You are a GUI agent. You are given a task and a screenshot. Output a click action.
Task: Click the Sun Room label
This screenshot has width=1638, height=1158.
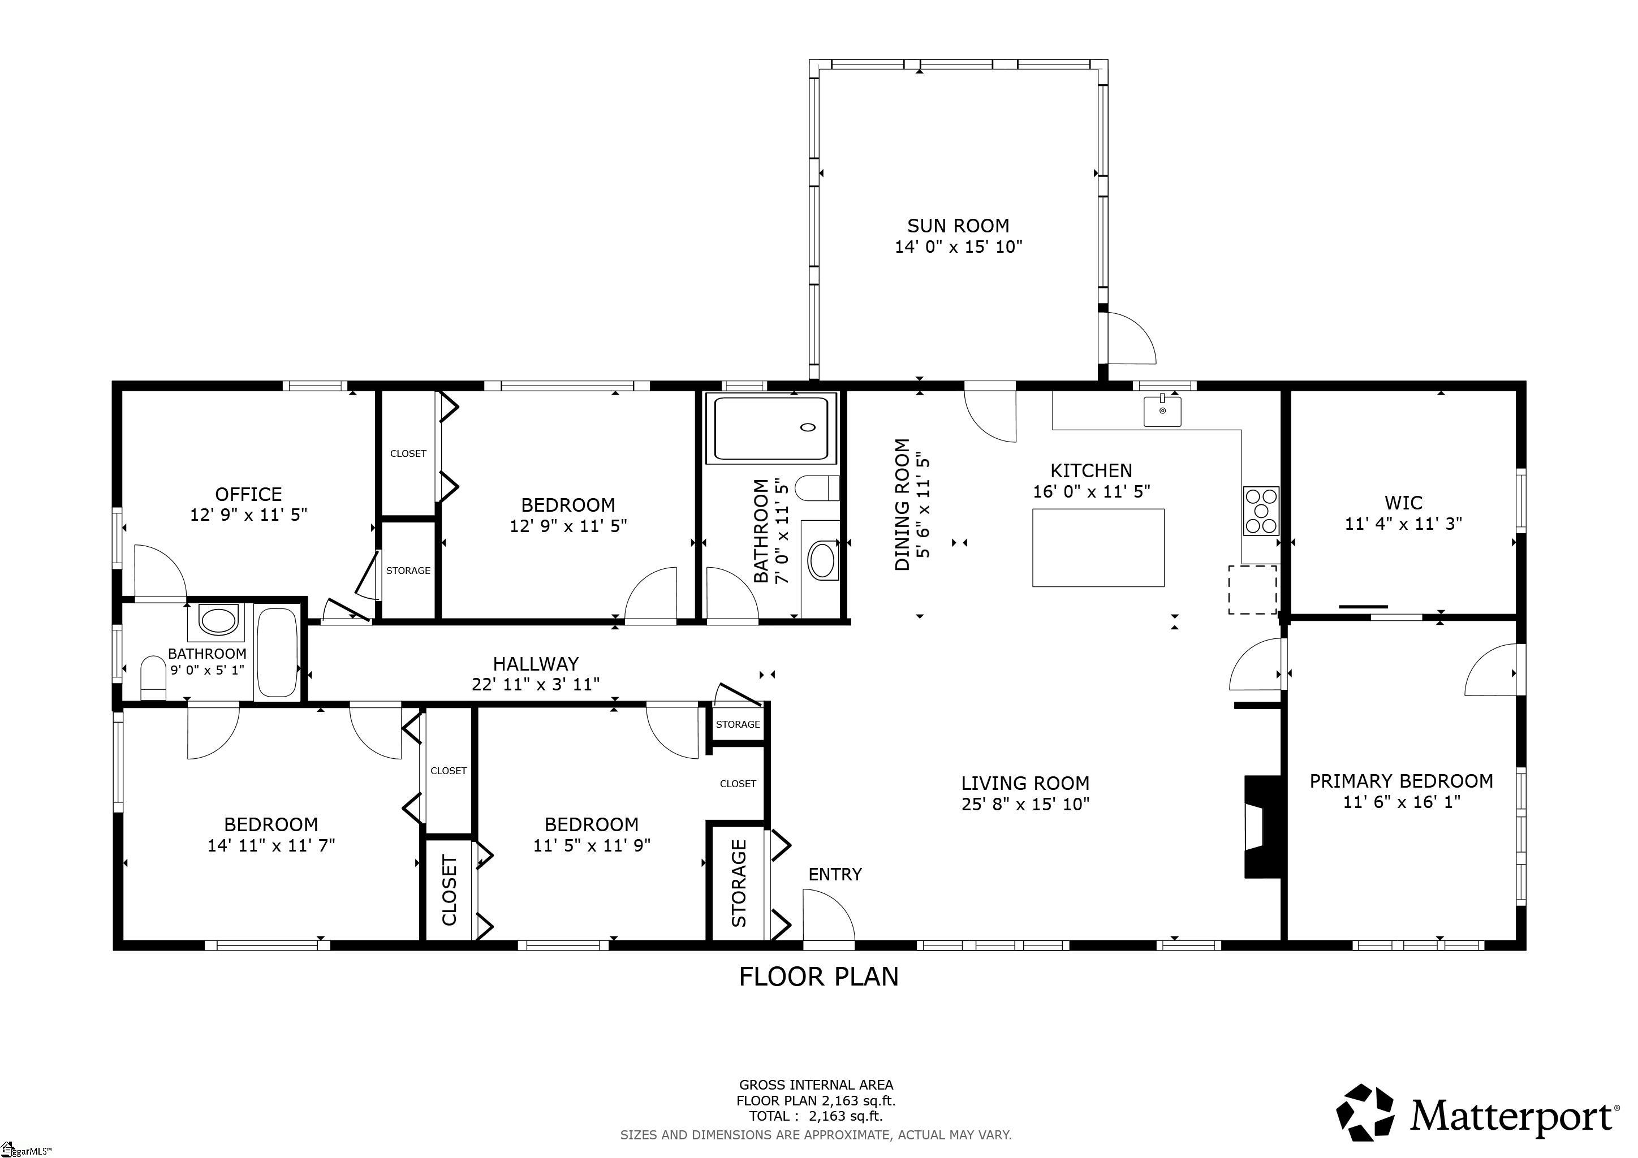coord(958,226)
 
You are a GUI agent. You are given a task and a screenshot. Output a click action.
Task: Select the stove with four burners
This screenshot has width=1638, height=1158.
coord(1261,511)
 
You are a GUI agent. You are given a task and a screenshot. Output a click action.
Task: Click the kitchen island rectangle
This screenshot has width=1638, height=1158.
coord(1098,548)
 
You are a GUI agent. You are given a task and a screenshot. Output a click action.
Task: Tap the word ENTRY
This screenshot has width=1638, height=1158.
coord(835,874)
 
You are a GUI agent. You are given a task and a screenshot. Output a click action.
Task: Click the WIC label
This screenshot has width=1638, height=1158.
coord(1403,503)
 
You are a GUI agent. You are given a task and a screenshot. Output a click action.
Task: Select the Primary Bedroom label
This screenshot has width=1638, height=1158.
coord(1401,781)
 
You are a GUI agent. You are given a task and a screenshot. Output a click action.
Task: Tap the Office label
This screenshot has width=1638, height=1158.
coord(248,494)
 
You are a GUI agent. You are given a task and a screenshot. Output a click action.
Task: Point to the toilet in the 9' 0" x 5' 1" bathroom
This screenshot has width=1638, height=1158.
coord(153,678)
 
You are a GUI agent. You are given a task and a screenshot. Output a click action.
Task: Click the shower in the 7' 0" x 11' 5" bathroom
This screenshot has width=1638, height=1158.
coord(771,429)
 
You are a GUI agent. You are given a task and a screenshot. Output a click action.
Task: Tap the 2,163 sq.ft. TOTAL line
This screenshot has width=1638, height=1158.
coord(816,1117)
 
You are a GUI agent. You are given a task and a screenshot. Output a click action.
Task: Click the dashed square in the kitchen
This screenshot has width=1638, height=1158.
coord(1252,590)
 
